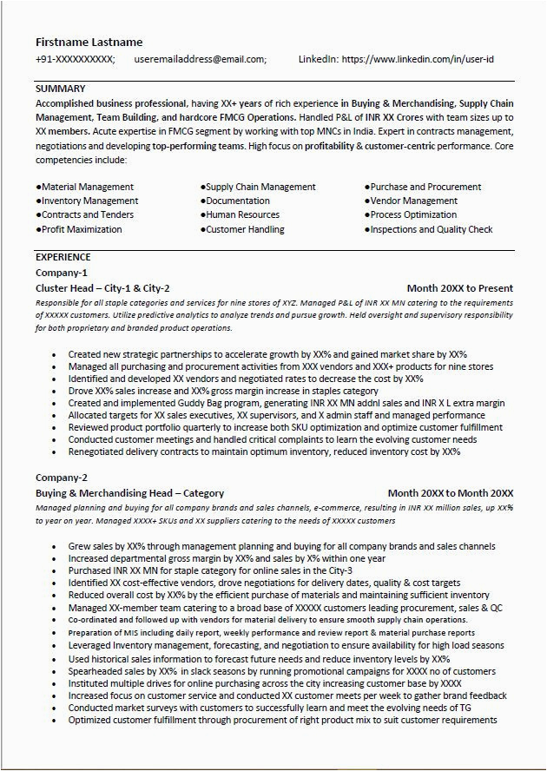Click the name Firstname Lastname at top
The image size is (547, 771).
point(89,42)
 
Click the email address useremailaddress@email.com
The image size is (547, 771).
point(201,60)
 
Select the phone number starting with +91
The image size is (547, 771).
point(75,60)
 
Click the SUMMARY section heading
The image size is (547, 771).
point(60,89)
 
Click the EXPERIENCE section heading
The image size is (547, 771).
point(63,257)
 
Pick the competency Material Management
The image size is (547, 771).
point(87,187)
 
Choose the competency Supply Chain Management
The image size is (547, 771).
point(260,187)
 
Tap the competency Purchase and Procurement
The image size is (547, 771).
point(425,187)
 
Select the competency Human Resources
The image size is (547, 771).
point(243,215)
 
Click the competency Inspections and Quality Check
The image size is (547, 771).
point(431,229)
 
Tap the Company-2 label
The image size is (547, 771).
point(61,478)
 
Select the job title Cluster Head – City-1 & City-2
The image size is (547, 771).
point(102,288)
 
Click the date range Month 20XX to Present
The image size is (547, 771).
point(459,288)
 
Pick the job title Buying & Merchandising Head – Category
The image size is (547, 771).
point(129,493)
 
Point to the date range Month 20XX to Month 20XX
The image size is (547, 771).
point(450,493)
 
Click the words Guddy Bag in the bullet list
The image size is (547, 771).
point(182,403)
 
